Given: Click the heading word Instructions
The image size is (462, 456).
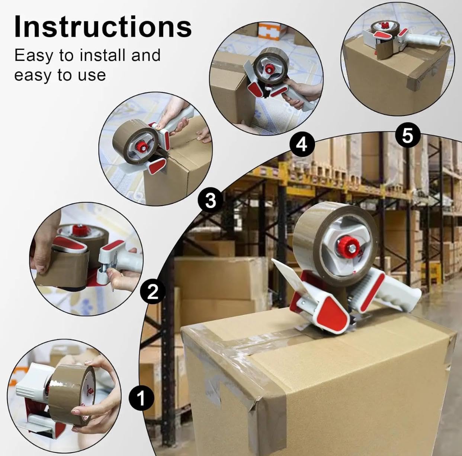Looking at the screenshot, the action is [103, 26].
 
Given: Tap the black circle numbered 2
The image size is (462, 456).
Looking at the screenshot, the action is [153, 292].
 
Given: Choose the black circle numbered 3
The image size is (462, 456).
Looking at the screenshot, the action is [211, 200].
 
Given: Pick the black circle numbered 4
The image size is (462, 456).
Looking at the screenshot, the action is [302, 145].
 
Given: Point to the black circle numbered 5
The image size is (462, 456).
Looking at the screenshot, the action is [408, 136].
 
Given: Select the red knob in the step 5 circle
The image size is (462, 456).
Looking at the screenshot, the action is [385, 25].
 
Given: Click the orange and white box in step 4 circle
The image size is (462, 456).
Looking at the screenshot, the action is [271, 31].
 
